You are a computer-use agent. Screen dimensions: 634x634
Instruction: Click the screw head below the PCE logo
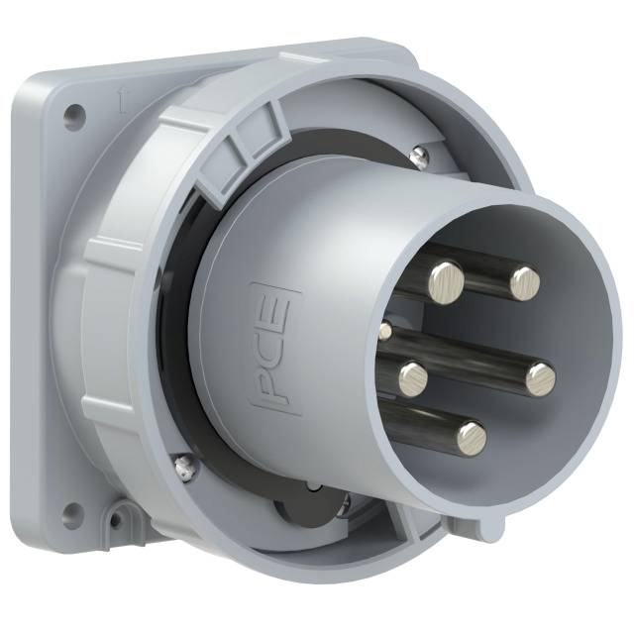[181, 463]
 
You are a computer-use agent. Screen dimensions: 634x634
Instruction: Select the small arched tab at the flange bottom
[122, 516]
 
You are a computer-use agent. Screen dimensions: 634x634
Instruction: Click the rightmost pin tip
[540, 376]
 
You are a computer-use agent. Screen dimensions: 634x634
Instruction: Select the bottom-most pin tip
[472, 436]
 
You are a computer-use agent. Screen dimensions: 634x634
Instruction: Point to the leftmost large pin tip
[412, 374]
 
